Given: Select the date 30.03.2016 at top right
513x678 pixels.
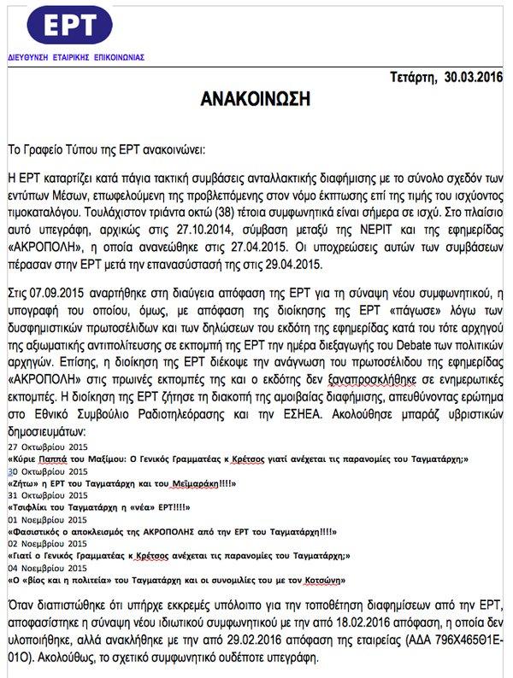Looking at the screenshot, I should [x=474, y=79].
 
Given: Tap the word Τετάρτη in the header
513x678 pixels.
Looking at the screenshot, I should [x=414, y=79].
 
